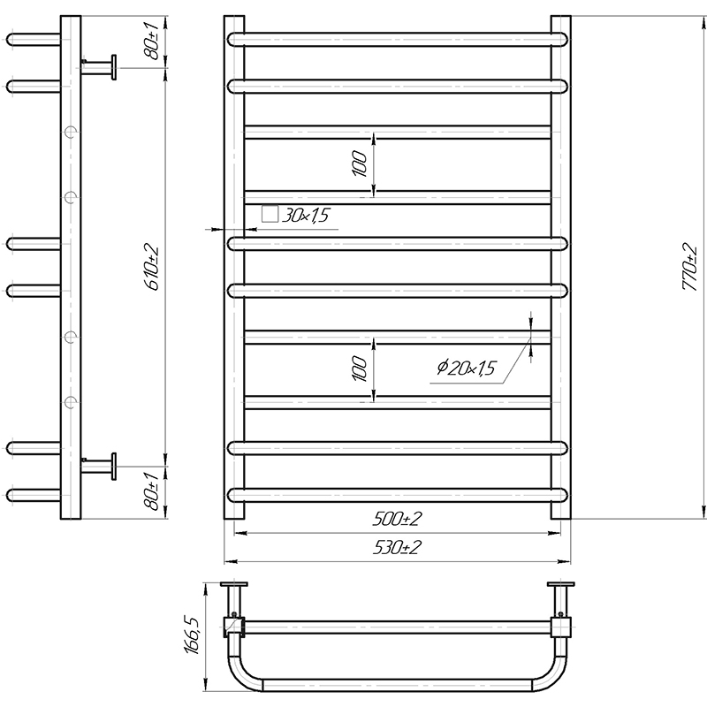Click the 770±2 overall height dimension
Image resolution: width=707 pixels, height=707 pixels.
(689, 268)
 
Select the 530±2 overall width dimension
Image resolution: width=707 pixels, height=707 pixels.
(397, 547)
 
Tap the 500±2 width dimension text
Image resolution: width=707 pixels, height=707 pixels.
(397, 519)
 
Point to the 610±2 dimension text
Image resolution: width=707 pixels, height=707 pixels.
(152, 268)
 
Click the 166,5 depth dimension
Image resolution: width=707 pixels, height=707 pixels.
(191, 635)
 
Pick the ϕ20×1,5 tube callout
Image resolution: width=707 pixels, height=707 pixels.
(467, 368)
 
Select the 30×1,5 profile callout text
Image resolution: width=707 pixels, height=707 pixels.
(305, 216)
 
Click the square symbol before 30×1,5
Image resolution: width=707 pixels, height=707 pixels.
(270, 214)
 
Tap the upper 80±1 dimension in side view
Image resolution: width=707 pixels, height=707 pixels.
(152, 42)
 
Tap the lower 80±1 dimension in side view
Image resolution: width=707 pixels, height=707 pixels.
(152, 492)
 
